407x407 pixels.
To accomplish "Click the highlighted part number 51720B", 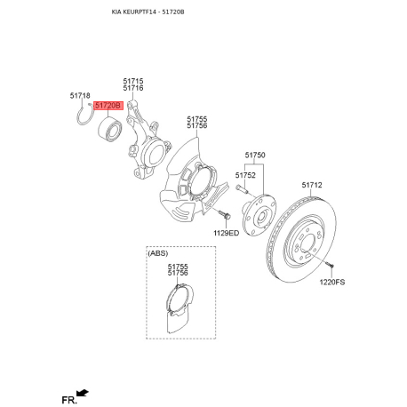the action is pyautogui.click(x=108, y=106).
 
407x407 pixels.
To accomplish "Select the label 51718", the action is pyautogui.click(x=80, y=96).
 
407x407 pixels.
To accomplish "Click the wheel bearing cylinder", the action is pyautogui.click(x=109, y=129).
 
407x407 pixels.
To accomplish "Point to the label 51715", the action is pyautogui.click(x=133, y=81).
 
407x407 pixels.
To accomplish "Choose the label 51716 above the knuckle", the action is pyautogui.click(x=133, y=88).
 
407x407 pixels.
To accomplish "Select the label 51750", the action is pyautogui.click(x=255, y=155).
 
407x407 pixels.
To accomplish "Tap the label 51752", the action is pyautogui.click(x=245, y=175).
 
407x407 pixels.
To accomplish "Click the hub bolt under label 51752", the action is pyautogui.click(x=242, y=188).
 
